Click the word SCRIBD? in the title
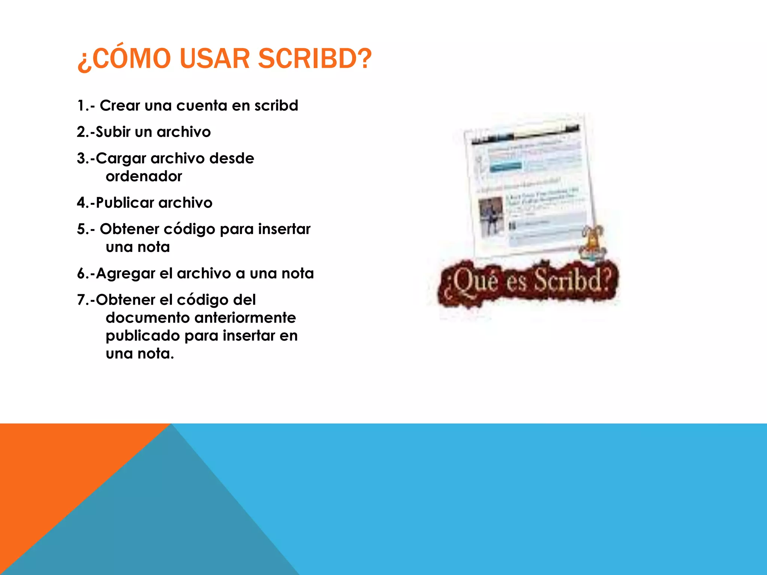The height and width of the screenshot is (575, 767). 315,59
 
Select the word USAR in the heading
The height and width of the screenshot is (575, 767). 214,59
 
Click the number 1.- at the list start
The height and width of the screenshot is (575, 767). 86,106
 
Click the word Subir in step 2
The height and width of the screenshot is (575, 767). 113,132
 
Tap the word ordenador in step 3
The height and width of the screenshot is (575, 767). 144,176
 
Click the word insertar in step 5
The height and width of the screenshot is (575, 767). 284,229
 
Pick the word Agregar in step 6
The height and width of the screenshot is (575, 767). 125,274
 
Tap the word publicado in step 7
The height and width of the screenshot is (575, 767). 143,335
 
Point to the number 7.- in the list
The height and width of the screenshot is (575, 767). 86,300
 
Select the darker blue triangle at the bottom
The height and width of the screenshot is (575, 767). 169,524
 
